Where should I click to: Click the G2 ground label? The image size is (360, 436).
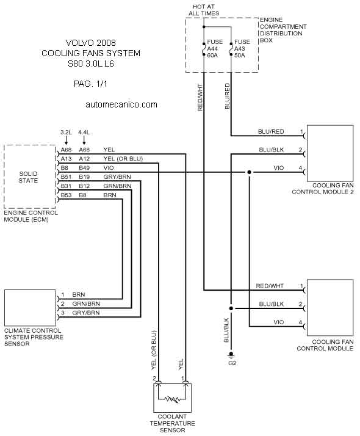pos(232,363)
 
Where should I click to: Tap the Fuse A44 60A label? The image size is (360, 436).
pos(215,49)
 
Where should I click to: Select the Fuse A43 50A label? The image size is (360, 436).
pos(242,49)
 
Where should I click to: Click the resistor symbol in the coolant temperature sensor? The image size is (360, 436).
pos(172,399)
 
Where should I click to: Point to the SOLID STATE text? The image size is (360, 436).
pos(28,177)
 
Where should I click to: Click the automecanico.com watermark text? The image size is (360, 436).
pos(121,104)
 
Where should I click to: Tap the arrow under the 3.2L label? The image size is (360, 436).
pos(66,140)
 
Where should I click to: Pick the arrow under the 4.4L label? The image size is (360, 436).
pos(84,140)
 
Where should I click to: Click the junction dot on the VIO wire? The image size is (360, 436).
pos(249,172)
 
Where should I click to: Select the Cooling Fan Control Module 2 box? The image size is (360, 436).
pos(330,153)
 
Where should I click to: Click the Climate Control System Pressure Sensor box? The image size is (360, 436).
pos(30,308)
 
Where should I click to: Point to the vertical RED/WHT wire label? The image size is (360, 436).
pos(200,97)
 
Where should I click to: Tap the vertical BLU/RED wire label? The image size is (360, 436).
pos(227,96)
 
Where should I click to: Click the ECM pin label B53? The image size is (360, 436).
pos(66,195)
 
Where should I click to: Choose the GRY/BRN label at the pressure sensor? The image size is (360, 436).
pos(86,313)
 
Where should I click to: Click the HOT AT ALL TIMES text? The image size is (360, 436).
pos(204,10)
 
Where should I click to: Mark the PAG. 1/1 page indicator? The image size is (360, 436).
pos(90,84)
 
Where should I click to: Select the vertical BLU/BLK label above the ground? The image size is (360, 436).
pos(226,330)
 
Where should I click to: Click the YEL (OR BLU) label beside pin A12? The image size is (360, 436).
pos(123,159)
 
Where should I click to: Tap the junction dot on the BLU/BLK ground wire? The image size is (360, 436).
pos(231,308)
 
